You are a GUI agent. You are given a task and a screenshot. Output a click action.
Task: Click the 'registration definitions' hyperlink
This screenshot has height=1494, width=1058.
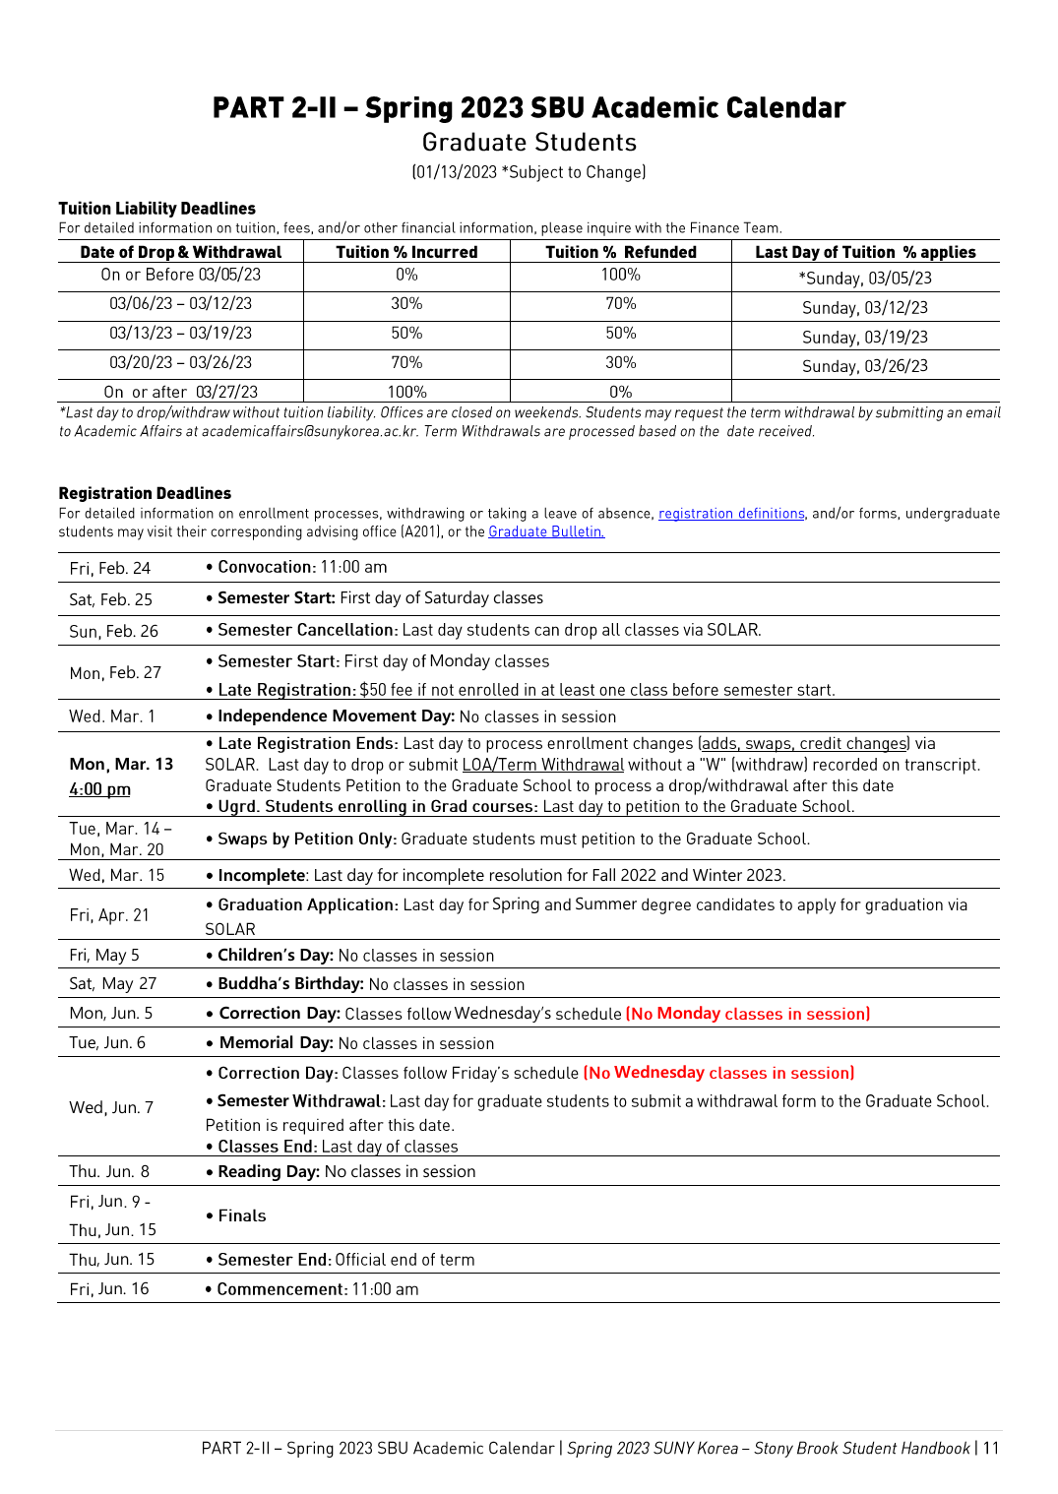coord(731,514)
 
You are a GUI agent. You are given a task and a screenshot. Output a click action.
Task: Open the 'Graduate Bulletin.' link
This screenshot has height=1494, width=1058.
coord(546,532)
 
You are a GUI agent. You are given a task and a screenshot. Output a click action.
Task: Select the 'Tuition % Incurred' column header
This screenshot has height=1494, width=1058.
coord(406,252)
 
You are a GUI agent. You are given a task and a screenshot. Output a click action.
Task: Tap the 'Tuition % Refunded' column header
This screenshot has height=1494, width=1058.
coord(621,252)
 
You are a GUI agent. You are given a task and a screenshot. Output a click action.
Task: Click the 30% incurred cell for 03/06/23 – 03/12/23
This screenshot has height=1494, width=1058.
coord(406,304)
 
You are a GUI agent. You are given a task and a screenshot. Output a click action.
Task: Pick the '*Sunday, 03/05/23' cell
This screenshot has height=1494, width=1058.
coord(865,279)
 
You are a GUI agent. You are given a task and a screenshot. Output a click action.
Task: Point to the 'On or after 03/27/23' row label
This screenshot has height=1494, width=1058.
coord(181,392)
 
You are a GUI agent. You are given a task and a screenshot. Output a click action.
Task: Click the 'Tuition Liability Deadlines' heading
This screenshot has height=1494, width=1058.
coord(156,209)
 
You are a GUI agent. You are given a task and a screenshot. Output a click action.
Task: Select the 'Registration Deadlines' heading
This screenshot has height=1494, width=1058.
coord(145,493)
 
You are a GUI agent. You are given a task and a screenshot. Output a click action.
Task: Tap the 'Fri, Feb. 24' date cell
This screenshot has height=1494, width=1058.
coord(110,568)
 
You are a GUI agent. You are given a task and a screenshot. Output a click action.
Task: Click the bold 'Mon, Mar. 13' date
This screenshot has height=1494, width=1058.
coord(121,764)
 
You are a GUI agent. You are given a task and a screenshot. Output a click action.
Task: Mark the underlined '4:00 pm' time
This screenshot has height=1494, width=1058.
coord(99,789)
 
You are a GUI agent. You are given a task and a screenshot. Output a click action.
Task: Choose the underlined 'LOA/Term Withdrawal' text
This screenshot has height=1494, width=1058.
coord(543,765)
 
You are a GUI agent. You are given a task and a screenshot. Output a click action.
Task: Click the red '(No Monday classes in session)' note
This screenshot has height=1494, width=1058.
coord(748,1014)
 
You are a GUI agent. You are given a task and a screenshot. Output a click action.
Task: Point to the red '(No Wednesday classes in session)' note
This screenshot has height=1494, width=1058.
coord(718,1073)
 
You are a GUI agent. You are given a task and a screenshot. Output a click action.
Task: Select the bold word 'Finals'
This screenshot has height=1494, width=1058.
coord(242,1215)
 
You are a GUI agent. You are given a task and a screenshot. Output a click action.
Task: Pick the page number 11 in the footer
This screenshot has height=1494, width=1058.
coord(991,1449)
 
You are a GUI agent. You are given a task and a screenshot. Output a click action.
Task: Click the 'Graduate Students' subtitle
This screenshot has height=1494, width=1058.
coord(529,143)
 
